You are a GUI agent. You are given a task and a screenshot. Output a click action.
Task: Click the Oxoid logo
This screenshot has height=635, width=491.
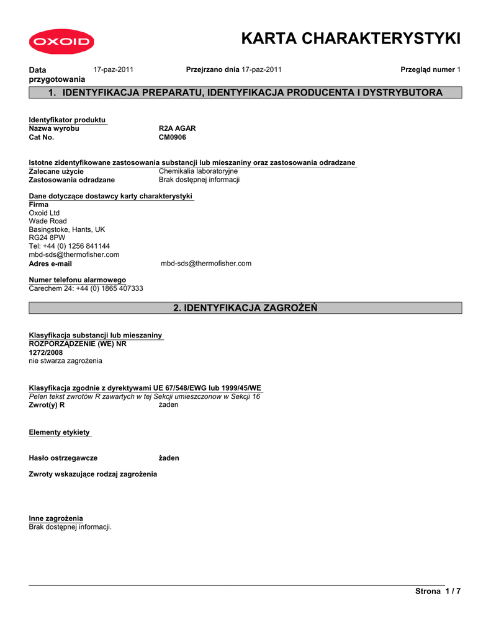[x=60, y=42]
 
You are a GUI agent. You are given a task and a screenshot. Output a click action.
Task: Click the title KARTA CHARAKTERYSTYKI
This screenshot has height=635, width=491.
[x=351, y=38]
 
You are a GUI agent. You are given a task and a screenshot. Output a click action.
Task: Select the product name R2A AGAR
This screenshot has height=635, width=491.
[x=177, y=128]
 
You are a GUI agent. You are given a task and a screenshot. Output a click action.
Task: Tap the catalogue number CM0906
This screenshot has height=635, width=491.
[x=173, y=137]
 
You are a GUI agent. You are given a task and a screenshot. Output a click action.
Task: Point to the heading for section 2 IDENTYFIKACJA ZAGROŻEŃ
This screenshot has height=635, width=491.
[x=245, y=308]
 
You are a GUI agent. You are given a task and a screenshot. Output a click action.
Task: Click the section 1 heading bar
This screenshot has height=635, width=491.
[x=245, y=93]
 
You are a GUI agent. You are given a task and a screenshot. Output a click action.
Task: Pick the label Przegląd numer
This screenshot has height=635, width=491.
[x=427, y=69]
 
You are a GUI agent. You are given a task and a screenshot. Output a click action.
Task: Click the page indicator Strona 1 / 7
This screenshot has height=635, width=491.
[x=438, y=591]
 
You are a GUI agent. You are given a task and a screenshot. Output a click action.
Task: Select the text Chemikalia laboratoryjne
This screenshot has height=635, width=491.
[x=198, y=171]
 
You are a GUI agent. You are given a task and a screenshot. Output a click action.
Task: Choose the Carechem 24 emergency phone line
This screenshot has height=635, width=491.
[x=86, y=288]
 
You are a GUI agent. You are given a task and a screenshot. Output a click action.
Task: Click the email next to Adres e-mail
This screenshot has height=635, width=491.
[x=206, y=264]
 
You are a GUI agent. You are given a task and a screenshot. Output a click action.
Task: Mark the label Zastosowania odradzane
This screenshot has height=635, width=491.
[x=72, y=180]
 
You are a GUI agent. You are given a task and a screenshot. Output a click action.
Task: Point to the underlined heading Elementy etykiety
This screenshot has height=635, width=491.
[x=60, y=432]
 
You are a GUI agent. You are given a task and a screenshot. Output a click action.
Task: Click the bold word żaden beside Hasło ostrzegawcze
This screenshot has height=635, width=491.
[x=169, y=458]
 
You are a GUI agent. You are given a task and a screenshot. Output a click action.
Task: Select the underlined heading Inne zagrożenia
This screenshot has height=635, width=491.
[x=56, y=518]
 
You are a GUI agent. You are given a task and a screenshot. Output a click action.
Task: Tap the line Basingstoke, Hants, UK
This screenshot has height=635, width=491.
[x=67, y=229]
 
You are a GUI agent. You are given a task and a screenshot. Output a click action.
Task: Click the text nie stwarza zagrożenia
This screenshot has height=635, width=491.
[x=66, y=360]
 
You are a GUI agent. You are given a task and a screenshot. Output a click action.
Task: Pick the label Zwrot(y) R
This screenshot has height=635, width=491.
[x=47, y=405]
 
